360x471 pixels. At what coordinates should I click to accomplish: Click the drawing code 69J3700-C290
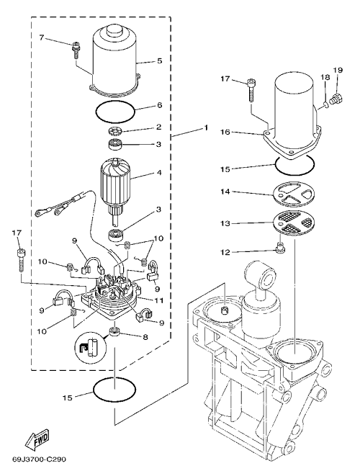click(x=39, y=459)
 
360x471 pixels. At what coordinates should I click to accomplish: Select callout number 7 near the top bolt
click(x=42, y=37)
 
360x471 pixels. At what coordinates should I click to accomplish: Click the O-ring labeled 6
click(x=115, y=112)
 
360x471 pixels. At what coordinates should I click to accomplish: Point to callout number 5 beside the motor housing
click(x=159, y=61)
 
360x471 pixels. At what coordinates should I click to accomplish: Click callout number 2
click(x=159, y=127)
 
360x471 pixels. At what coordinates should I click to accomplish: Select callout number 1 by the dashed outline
click(x=206, y=127)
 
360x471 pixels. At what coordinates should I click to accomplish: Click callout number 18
click(x=325, y=78)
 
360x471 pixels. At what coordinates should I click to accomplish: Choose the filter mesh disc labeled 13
click(x=294, y=225)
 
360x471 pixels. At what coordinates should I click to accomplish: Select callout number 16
click(x=225, y=133)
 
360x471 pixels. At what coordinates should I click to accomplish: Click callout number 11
click(x=159, y=300)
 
